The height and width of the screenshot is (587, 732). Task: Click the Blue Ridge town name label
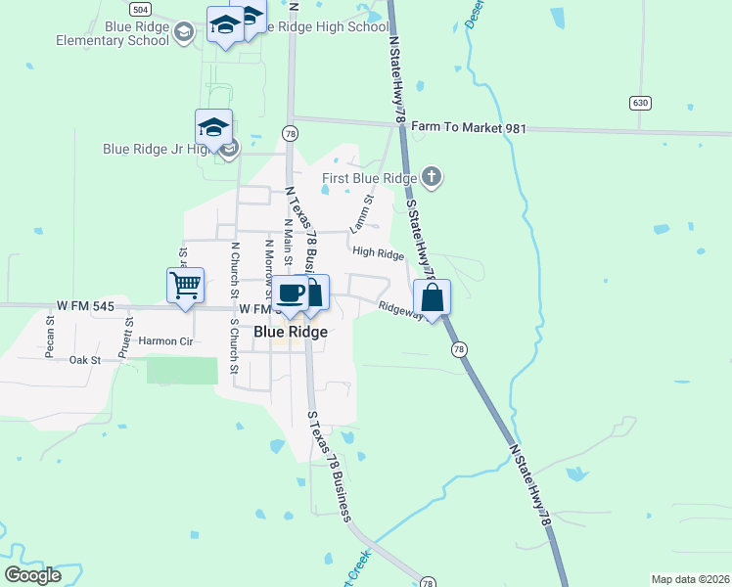[290, 332]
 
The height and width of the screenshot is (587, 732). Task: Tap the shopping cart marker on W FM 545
[185, 286]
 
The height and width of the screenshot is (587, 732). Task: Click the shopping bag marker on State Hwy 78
[432, 296]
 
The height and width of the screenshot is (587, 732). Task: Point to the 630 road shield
[640, 102]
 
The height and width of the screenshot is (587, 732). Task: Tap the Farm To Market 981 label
[469, 127]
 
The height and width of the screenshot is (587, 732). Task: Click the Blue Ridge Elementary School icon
[183, 34]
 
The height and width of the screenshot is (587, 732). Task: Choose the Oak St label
[84, 360]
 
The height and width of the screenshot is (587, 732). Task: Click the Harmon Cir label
[166, 340]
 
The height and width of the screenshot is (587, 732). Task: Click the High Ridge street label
[379, 253]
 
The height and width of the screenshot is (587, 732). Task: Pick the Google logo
[33, 575]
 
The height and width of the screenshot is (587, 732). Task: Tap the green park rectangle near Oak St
[182, 371]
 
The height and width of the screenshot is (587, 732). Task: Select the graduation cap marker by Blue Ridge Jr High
[213, 127]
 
